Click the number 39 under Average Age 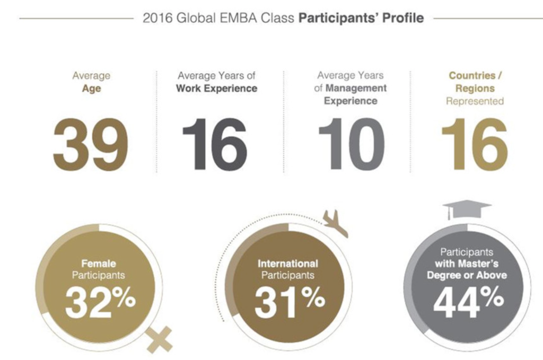[x=90, y=144]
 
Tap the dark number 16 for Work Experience [x=214, y=144]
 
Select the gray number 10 [x=352, y=144]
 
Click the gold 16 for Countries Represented [x=474, y=144]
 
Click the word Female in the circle [x=99, y=263]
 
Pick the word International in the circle [x=288, y=264]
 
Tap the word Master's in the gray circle [x=484, y=264]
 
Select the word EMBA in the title [x=239, y=18]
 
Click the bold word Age [x=91, y=89]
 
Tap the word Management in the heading [x=356, y=88]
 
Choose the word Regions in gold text [x=475, y=89]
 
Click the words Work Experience [x=216, y=89]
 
